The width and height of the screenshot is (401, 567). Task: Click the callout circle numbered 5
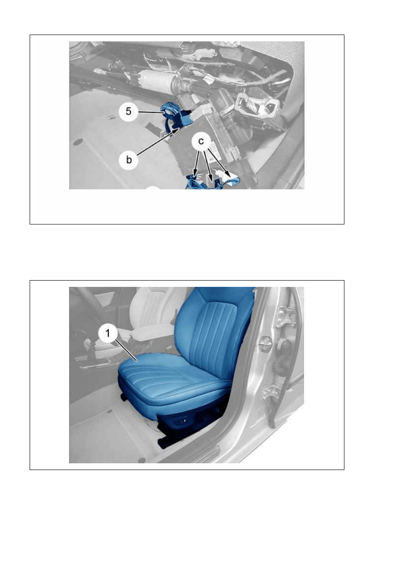click(x=128, y=111)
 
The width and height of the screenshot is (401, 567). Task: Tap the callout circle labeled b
click(x=129, y=160)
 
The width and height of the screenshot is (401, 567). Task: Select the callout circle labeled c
click(x=201, y=141)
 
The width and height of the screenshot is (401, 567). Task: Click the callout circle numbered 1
click(x=108, y=333)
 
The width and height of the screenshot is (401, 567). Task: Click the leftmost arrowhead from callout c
click(x=194, y=174)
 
